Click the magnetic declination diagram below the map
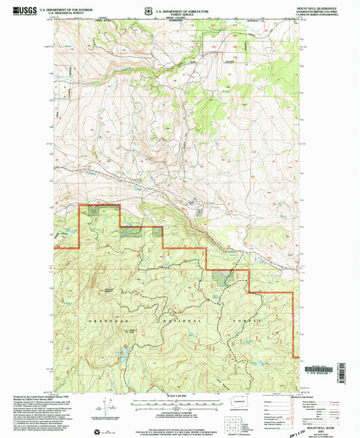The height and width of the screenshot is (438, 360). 107,408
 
